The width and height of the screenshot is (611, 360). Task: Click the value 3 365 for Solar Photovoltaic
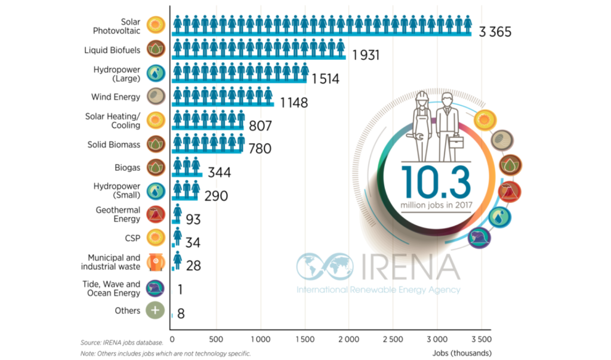click(495, 32)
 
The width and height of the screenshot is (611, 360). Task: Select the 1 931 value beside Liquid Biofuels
click(365, 56)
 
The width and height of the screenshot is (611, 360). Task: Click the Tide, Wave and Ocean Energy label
click(112, 288)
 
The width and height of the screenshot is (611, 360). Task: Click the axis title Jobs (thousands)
click(463, 353)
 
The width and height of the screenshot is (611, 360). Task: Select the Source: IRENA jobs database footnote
click(122, 343)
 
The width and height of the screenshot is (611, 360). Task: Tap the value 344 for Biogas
click(218, 173)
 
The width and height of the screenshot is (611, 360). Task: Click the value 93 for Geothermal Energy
click(193, 220)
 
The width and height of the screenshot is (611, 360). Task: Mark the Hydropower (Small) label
click(117, 190)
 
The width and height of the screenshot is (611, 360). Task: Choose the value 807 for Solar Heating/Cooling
click(260, 126)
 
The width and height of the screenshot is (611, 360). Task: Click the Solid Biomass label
click(114, 144)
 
